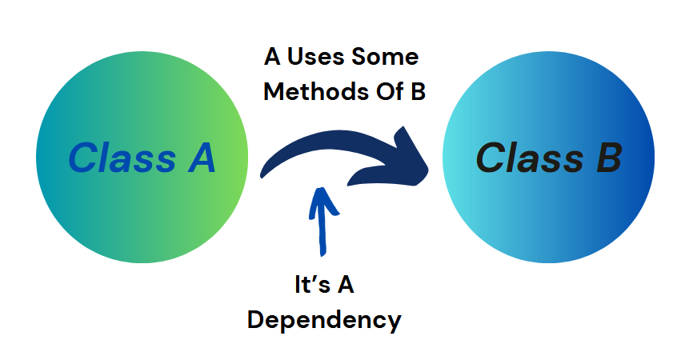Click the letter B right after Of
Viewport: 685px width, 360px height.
(417, 92)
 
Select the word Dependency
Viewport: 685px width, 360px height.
(324, 320)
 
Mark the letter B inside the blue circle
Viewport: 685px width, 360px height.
(607, 158)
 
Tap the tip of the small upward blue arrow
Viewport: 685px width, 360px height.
(321, 190)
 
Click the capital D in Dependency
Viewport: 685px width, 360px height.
(257, 320)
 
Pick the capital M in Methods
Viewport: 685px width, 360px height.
(274, 92)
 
